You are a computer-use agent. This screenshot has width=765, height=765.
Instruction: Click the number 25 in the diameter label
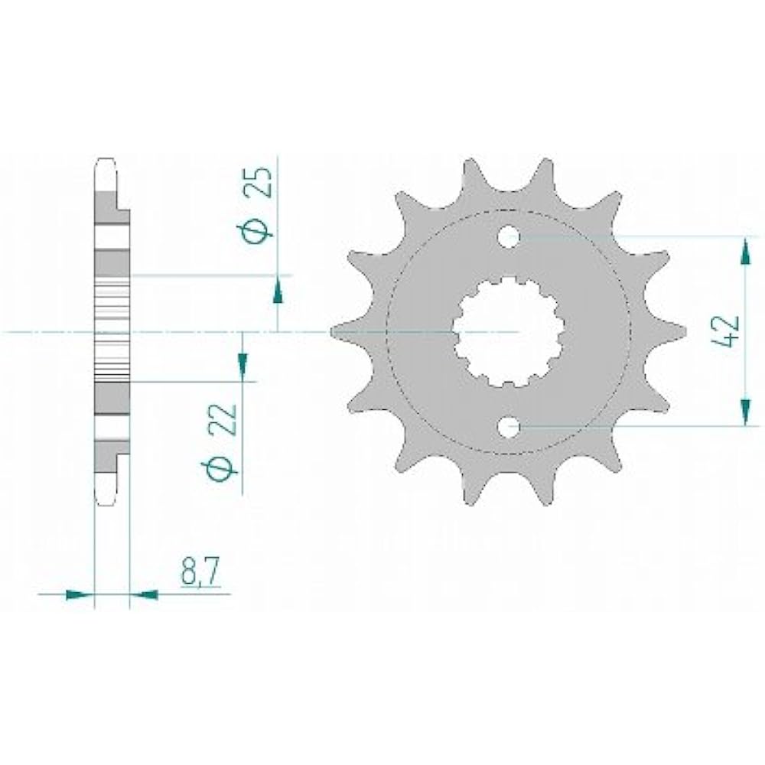pos(260,184)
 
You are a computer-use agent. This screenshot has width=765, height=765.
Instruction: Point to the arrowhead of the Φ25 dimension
pos(277,291)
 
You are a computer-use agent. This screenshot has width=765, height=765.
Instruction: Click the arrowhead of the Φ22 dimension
pos(243,365)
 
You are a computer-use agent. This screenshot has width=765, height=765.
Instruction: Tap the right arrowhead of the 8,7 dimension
pos(145,593)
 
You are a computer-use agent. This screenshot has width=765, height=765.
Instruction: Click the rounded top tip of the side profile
pos(106,162)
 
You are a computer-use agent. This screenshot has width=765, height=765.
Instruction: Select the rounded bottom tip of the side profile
pos(106,501)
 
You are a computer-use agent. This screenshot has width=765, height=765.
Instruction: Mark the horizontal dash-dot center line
pos(46,332)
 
